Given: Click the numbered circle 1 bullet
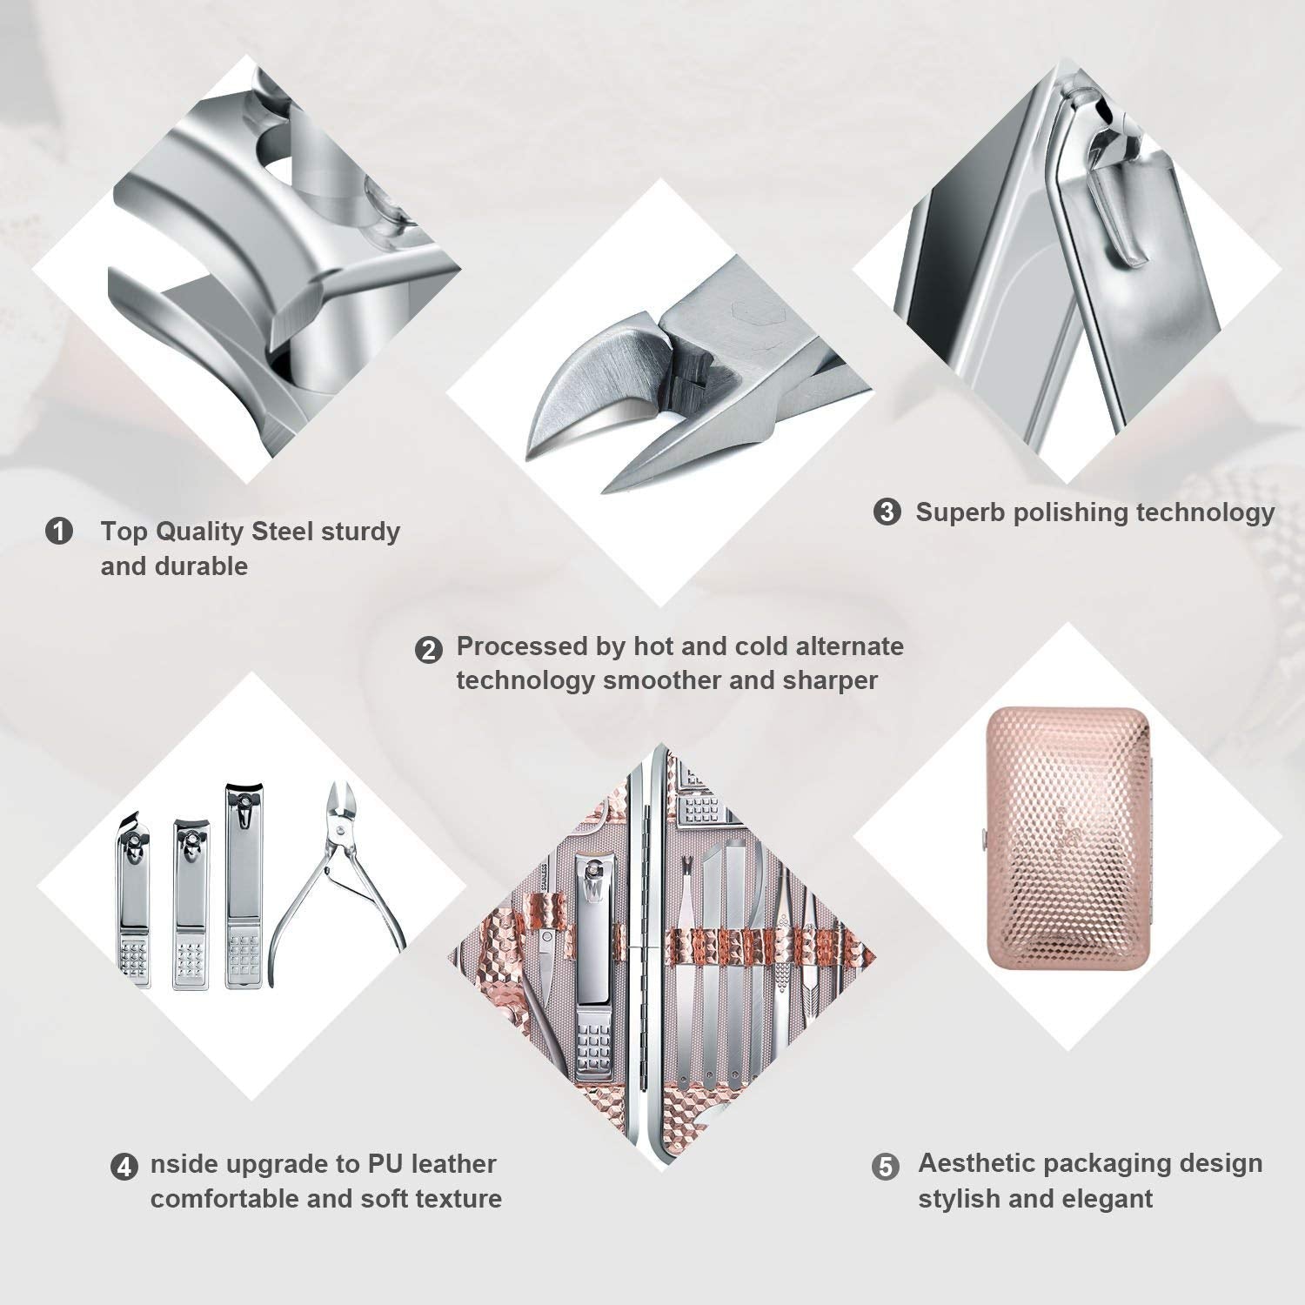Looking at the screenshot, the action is point(59,531).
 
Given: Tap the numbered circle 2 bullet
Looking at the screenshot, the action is point(428,650).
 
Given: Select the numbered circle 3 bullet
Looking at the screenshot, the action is point(887,512).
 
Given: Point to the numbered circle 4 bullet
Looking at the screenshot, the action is point(124,1167).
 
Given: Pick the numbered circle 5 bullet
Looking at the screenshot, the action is point(886,1167).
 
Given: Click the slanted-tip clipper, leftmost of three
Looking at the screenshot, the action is point(133,900).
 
